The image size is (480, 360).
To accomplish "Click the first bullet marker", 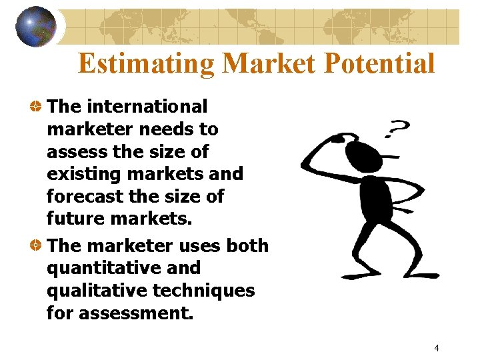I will click(37, 107).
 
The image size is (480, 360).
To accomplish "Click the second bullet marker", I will click(37, 246).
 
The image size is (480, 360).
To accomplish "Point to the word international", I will click(147, 106).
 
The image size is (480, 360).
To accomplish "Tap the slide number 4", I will click(436, 347).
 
